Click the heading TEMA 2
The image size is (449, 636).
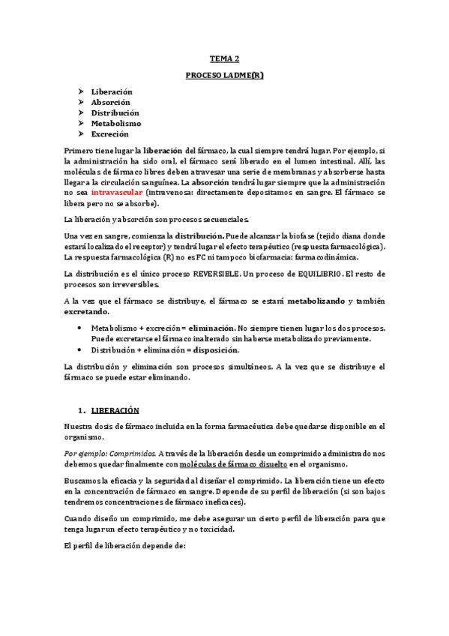(x=224, y=58)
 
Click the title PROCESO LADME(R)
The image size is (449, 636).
(x=224, y=76)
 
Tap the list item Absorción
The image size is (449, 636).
(x=110, y=102)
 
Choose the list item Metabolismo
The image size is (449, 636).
(x=115, y=123)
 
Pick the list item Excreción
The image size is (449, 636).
(x=109, y=133)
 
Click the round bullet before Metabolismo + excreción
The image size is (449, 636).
(x=81, y=328)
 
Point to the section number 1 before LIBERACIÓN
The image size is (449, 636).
(x=80, y=410)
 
